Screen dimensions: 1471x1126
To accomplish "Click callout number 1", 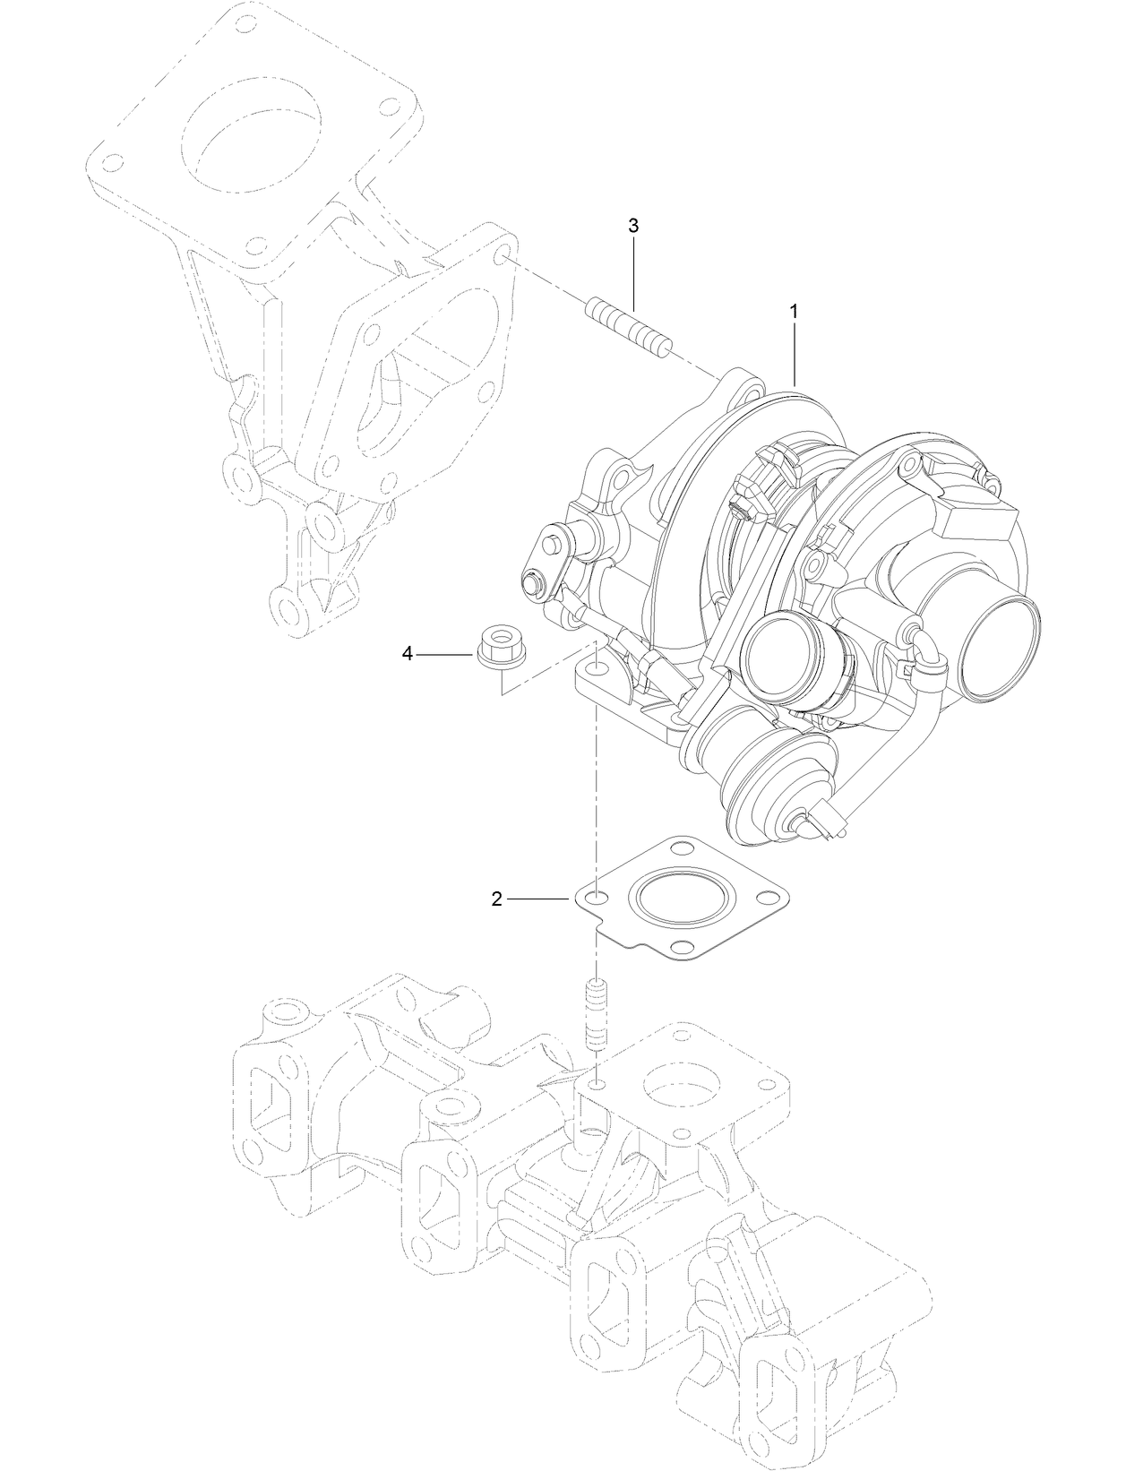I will (x=793, y=311).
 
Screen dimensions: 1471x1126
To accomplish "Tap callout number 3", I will (x=633, y=226).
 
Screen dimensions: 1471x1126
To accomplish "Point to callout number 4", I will (x=408, y=655).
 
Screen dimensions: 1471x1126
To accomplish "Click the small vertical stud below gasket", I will (x=596, y=1015).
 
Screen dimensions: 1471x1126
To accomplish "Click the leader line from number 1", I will (x=794, y=354).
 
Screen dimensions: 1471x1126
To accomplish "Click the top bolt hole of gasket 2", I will (x=682, y=847).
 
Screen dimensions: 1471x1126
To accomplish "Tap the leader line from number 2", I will (x=542, y=898).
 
